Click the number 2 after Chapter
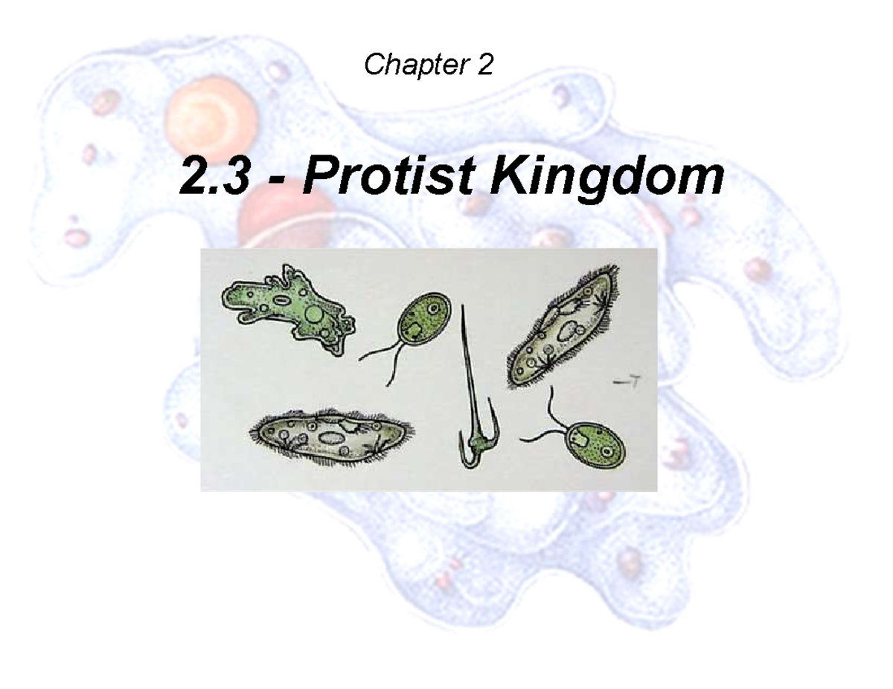(484, 67)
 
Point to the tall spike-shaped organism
(470, 386)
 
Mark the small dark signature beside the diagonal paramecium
(632, 381)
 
